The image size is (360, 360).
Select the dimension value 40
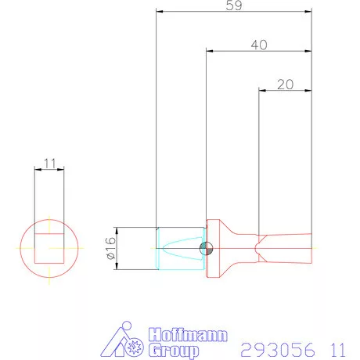(x=259, y=45)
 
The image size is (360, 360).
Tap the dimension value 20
(x=285, y=84)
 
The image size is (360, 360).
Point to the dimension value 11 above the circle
(x=49, y=164)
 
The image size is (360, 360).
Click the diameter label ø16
(x=110, y=248)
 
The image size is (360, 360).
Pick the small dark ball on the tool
(x=206, y=248)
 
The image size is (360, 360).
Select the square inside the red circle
(x=49, y=247)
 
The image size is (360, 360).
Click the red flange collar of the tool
(x=213, y=248)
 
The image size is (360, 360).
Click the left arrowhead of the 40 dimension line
(x=210, y=52)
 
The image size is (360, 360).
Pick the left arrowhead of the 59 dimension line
(x=159, y=12)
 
